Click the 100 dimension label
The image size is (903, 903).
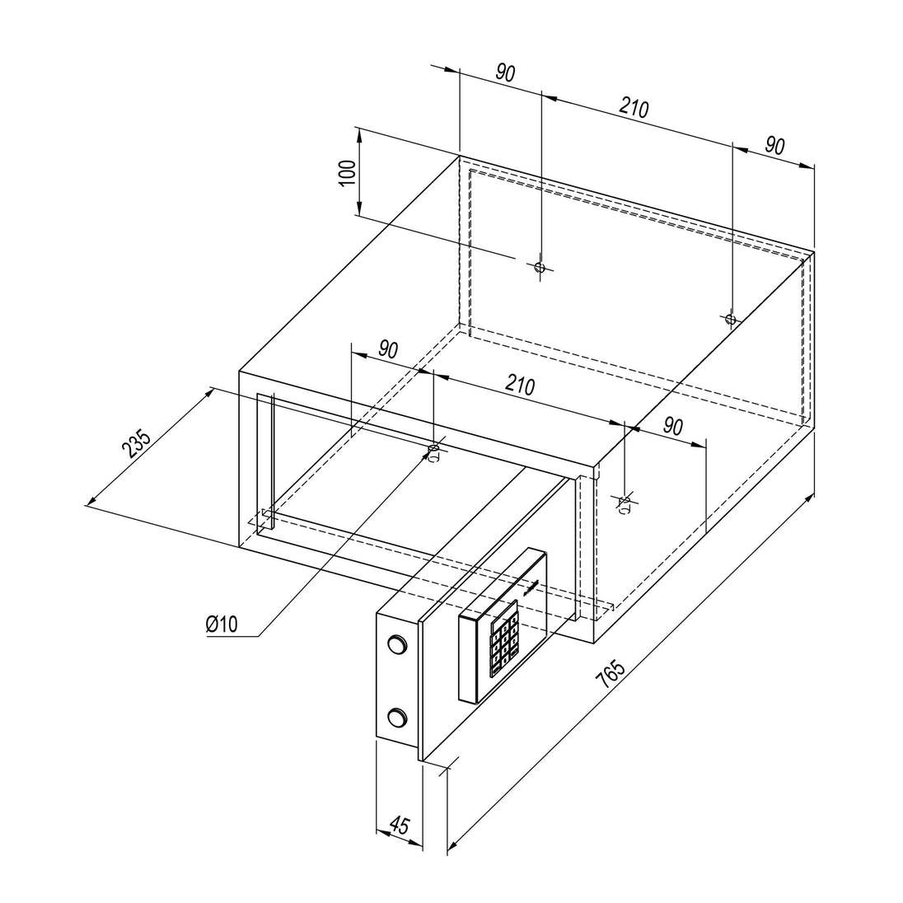point(347,172)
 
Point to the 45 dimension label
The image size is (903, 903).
point(399,826)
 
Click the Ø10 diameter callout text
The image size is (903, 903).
point(222,623)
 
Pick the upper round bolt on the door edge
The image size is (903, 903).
point(396,643)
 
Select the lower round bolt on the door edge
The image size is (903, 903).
point(396,718)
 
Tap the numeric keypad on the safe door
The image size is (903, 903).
point(503,638)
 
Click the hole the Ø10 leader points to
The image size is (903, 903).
point(433,449)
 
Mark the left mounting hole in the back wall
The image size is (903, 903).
point(540,267)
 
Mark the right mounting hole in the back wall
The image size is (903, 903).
point(731,319)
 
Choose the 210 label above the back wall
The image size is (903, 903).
point(634,108)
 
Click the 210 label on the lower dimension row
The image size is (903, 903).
point(520,385)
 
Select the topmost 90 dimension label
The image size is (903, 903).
point(505,73)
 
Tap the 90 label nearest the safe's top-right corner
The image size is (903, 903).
point(774,146)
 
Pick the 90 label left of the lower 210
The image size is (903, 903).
point(388,349)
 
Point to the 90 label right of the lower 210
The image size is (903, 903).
point(672,426)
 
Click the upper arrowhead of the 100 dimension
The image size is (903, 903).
point(358,136)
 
